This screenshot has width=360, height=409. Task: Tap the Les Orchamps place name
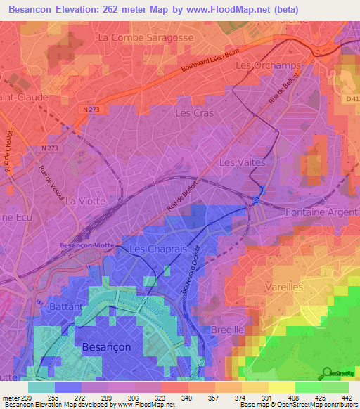(x=268, y=65)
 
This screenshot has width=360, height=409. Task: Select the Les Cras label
(x=193, y=112)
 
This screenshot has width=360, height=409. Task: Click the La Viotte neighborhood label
(x=85, y=200)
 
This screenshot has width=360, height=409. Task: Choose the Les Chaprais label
(x=156, y=249)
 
